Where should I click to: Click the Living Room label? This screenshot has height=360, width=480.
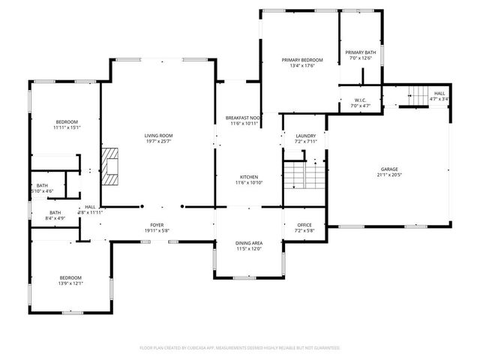coord(158,136)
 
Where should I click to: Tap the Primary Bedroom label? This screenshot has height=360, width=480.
coord(301,59)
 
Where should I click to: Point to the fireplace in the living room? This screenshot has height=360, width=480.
coord(112,166)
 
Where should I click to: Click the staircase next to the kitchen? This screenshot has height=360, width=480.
coord(304,175)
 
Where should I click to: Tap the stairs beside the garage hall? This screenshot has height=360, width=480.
coord(416,94)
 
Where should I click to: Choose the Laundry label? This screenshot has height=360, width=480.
coord(305,136)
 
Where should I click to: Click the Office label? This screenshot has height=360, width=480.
coord(304,225)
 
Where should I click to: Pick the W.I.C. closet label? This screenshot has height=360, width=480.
coord(360,100)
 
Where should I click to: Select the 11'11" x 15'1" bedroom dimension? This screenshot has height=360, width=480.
coord(66,127)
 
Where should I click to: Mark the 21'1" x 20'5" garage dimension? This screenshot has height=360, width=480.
coord(389,175)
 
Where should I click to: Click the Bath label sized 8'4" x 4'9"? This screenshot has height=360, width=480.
coord(55,212)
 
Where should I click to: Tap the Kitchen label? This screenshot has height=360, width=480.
coord(249,176)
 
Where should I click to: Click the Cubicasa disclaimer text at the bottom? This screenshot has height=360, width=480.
coord(240,347)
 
